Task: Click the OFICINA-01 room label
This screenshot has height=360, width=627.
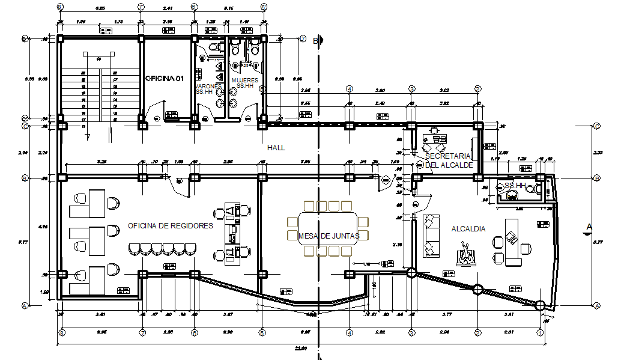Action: pyautogui.click(x=163, y=79)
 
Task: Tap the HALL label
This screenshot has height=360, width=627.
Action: pyautogui.click(x=276, y=147)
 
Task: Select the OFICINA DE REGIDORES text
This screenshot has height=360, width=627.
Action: pyautogui.click(x=171, y=226)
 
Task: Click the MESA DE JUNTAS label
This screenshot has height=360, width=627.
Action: pyautogui.click(x=329, y=236)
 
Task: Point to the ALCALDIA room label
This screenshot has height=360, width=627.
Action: pyautogui.click(x=468, y=229)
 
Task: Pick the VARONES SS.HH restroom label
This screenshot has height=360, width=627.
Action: pyautogui.click(x=208, y=89)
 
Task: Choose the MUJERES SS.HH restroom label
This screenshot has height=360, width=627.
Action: pyautogui.click(x=244, y=82)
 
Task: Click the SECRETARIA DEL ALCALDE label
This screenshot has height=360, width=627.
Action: pyautogui.click(x=449, y=160)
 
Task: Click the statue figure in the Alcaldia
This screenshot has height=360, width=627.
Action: pyautogui.click(x=467, y=254)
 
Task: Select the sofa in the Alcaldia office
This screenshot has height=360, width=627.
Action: pyautogui.click(x=430, y=235)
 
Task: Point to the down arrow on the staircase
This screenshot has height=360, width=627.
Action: pyautogui.click(x=88, y=136)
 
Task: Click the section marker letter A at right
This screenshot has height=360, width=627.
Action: pyautogui.click(x=589, y=227)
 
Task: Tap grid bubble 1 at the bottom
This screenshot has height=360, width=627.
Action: pyautogui.click(x=540, y=332)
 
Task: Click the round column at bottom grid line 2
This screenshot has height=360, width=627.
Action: pyautogui.click(x=477, y=290)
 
